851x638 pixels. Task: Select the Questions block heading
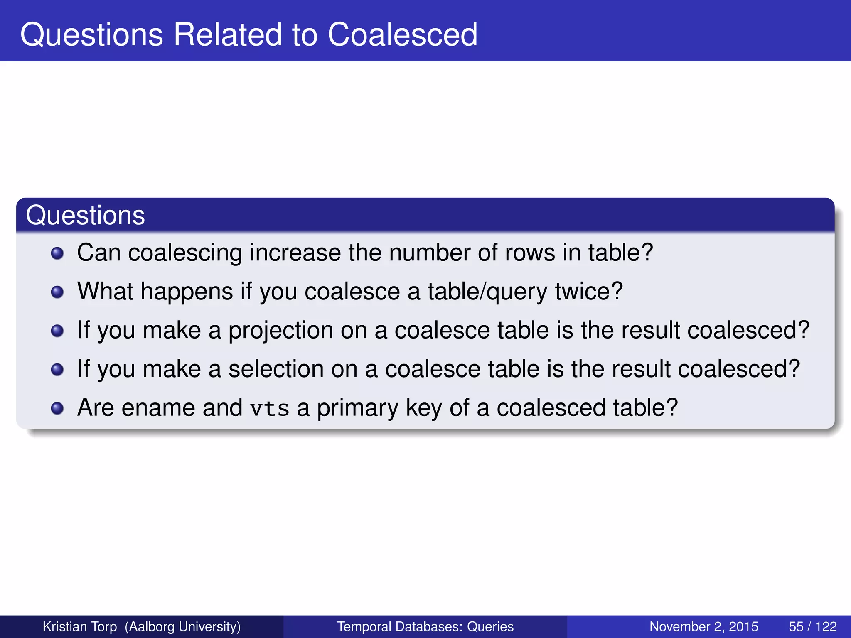[x=85, y=215]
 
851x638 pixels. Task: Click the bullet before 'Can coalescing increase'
[x=57, y=253]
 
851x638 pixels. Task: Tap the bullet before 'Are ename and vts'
[x=57, y=408]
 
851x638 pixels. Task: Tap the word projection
[x=280, y=331]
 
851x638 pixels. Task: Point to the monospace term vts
[x=270, y=408]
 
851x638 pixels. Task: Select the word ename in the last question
[x=158, y=408]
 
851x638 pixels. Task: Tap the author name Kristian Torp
[x=80, y=626]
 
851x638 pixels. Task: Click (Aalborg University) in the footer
[x=183, y=626]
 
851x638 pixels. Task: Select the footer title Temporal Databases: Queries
[x=425, y=626]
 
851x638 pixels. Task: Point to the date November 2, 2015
[x=703, y=626]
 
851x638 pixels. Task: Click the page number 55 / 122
[x=812, y=626]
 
